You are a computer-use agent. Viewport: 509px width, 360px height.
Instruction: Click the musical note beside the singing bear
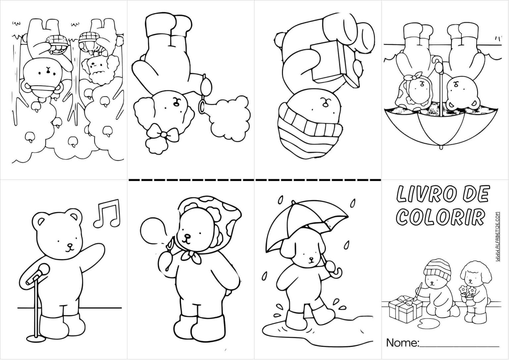pos(107,213)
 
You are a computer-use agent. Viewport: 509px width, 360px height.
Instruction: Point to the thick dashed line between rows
pos(255,180)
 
